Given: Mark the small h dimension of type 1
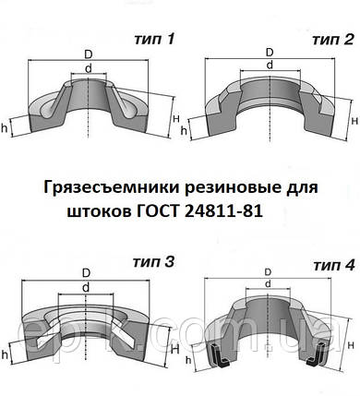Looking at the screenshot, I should click(6, 127).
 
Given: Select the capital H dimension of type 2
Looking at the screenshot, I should click(354, 120).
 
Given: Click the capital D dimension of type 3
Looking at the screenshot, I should click(86, 274).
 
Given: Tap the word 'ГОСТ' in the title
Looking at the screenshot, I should click(164, 210).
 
